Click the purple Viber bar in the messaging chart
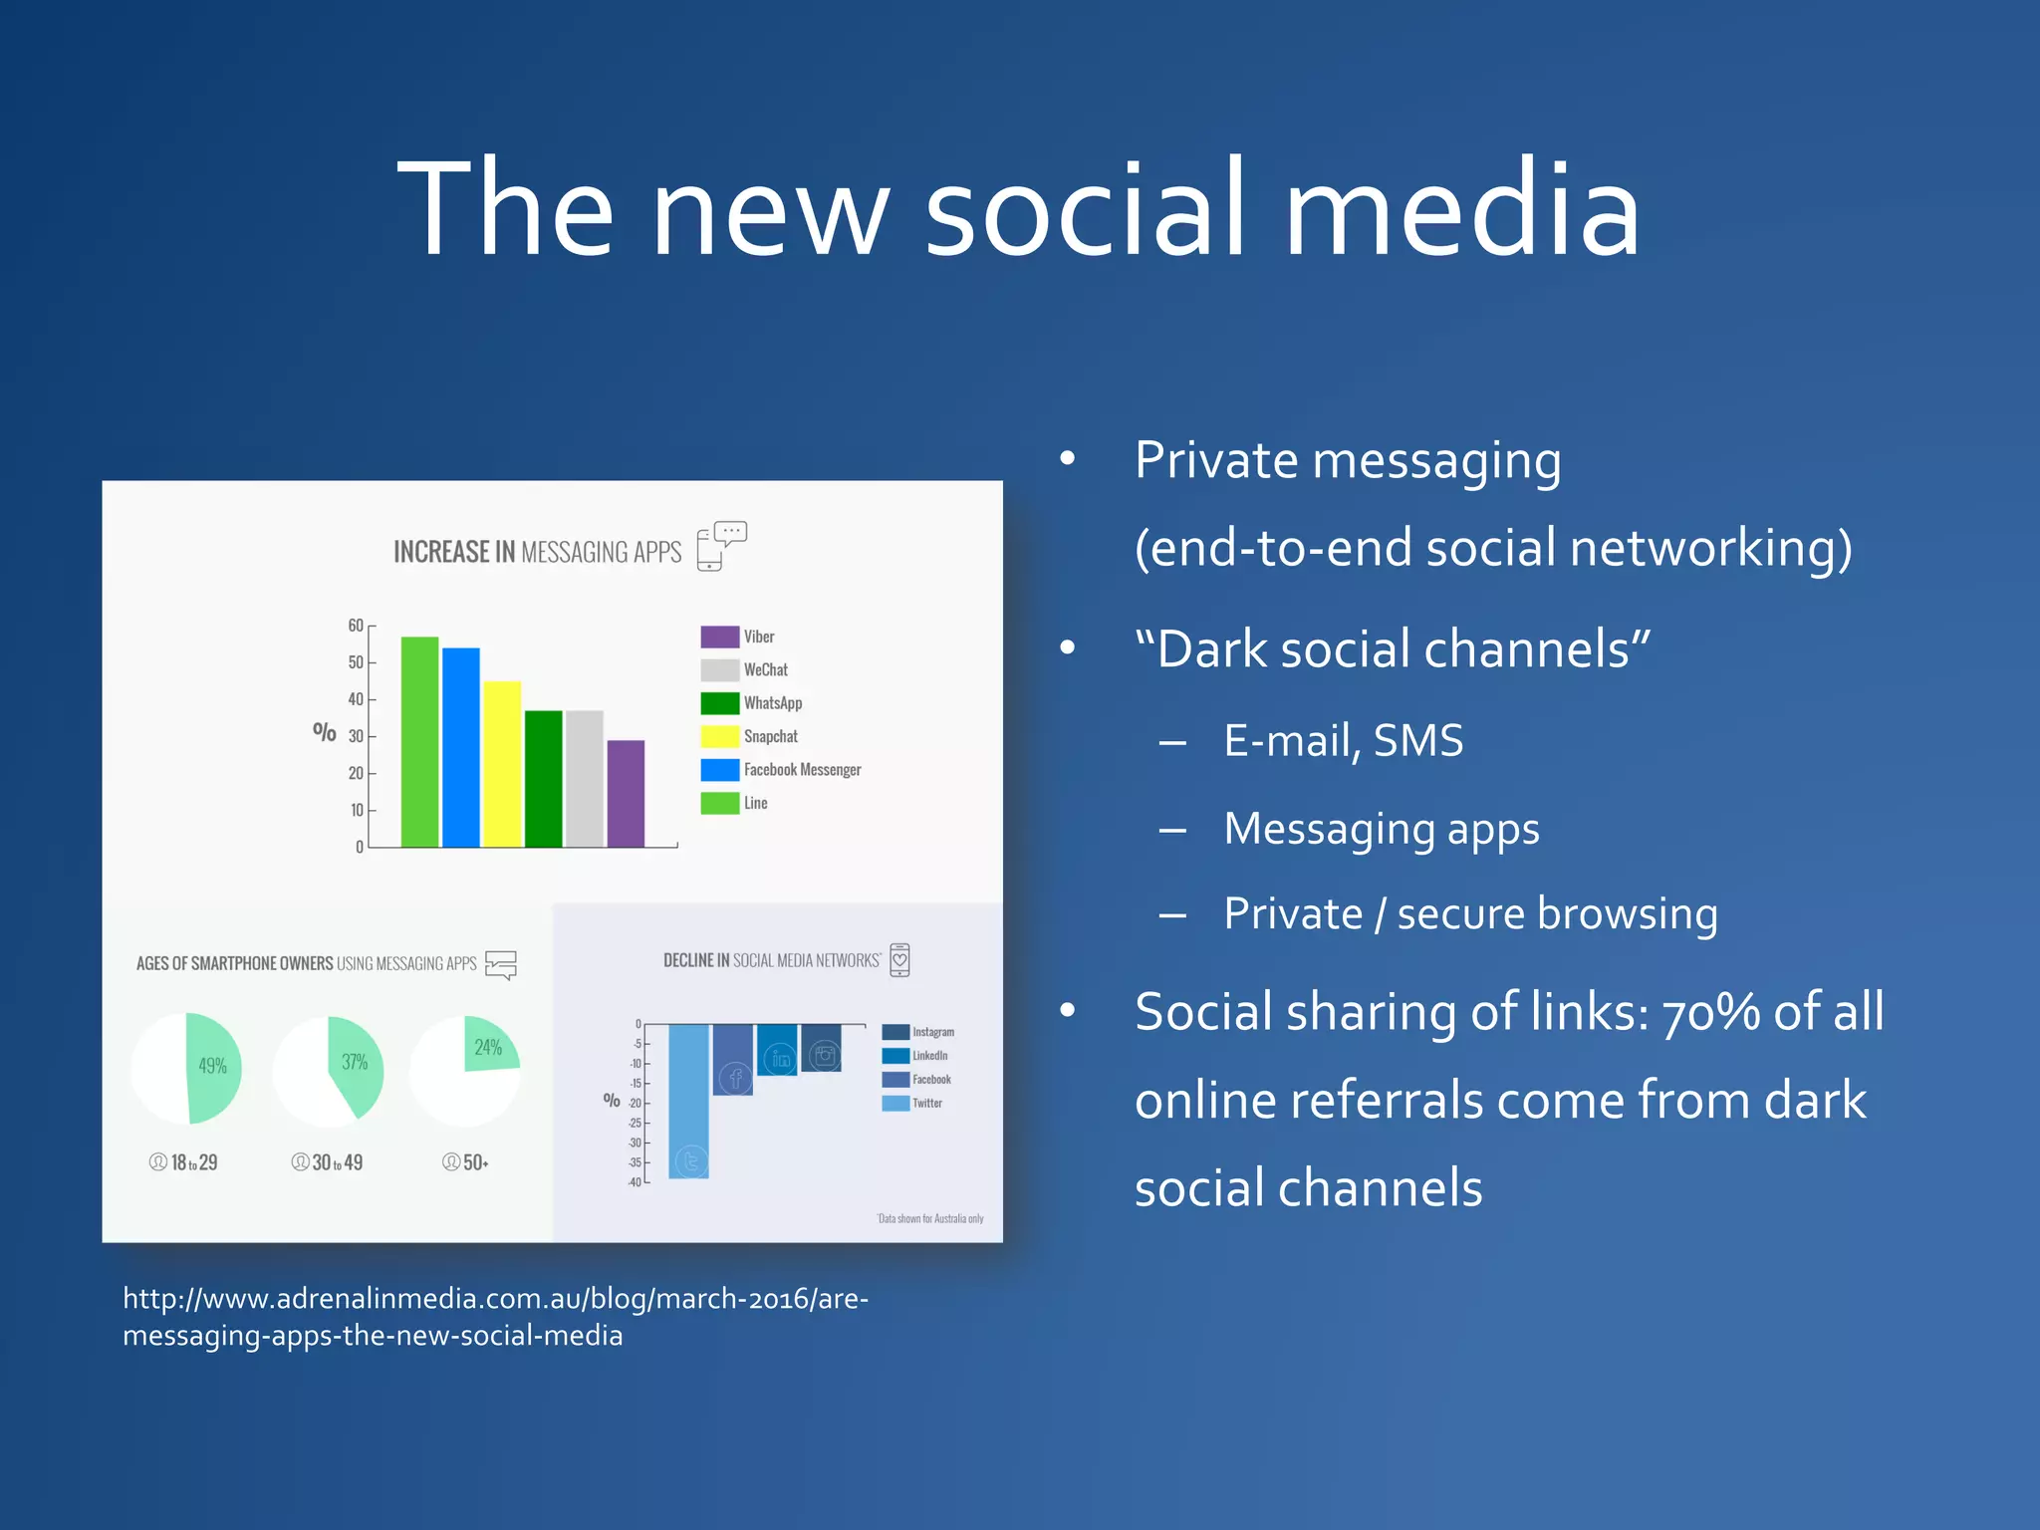[626, 794]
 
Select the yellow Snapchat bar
[502, 764]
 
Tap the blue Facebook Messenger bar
[461, 747]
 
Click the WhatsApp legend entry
[752, 703]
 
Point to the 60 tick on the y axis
[356, 626]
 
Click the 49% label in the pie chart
[212, 1066]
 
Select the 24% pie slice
[489, 1047]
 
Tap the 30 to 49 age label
[328, 1162]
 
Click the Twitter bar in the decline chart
[688, 1101]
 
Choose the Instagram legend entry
[918, 1032]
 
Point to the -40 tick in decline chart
[635, 1182]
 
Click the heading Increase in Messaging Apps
[537, 552]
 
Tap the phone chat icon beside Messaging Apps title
[721, 546]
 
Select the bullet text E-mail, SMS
[1343, 741]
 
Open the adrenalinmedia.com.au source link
[495, 1317]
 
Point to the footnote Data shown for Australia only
[930, 1218]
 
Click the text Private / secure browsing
[1470, 913]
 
